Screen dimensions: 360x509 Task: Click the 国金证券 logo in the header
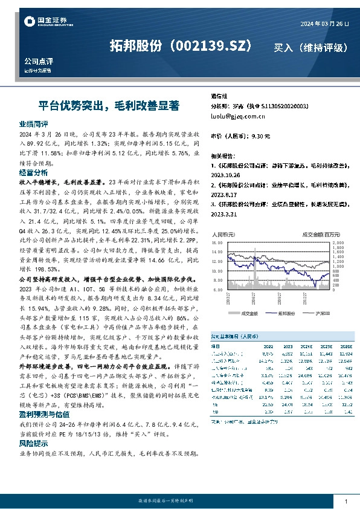(41, 22)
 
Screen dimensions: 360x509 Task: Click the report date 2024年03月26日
(324, 23)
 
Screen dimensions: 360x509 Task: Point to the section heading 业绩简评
(34, 124)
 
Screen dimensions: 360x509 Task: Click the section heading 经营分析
(34, 172)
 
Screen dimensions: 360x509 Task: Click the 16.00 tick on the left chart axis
(219, 243)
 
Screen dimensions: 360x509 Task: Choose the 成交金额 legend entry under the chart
(249, 314)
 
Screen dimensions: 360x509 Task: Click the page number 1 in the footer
(346, 502)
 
